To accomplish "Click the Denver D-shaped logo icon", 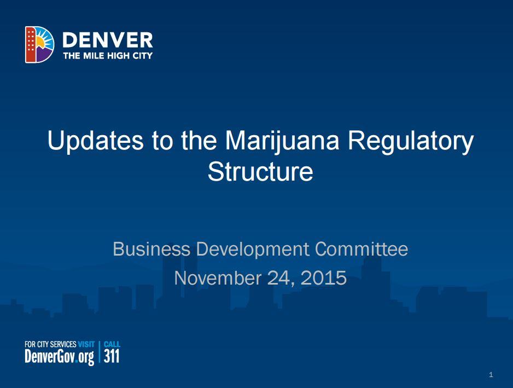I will click(x=39, y=44).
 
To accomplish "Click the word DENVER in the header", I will click(x=108, y=39).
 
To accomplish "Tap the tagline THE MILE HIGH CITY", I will click(x=108, y=55).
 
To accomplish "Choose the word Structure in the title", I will click(x=260, y=171).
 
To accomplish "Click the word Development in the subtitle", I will click(x=252, y=250).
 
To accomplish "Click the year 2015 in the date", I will click(x=323, y=278).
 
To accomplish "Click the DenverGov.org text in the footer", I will click(x=59, y=357).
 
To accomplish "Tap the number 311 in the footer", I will click(x=111, y=357).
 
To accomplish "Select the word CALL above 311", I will click(x=112, y=344).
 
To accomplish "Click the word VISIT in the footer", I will click(x=86, y=344).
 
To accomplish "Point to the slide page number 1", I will click(x=491, y=375).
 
